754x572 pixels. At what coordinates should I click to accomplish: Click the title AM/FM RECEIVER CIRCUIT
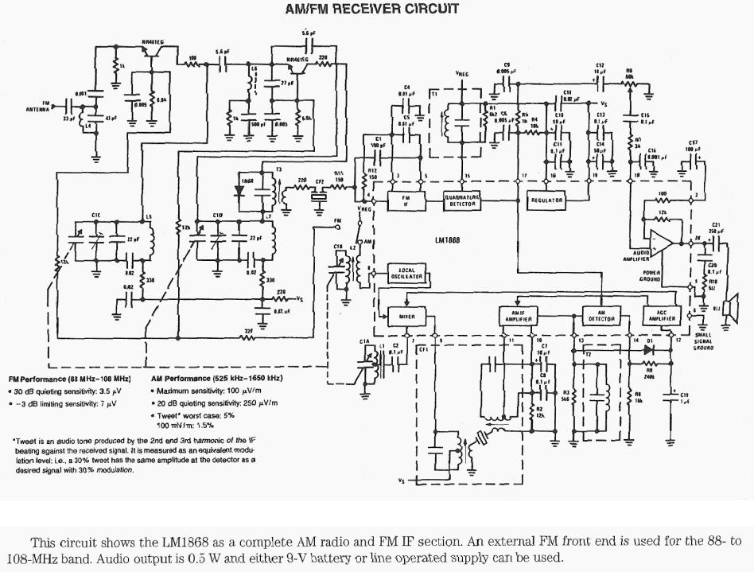371,10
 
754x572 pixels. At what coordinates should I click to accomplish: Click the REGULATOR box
546,200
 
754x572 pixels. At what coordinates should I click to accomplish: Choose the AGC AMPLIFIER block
659,316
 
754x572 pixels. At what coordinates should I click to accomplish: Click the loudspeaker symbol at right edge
725,308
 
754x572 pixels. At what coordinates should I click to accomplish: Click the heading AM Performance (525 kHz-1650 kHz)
216,378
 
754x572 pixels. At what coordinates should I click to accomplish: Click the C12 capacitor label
600,66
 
